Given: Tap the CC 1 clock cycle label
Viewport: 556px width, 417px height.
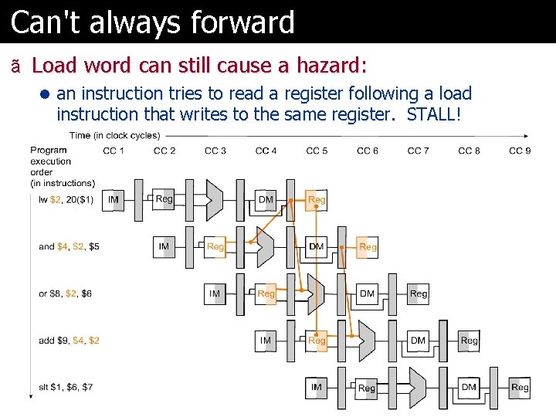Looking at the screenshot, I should [114, 151].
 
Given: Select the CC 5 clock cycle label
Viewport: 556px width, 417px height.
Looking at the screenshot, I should [317, 151].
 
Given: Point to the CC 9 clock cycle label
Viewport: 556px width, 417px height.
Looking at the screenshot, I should [520, 151].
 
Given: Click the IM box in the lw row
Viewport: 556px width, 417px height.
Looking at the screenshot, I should [114, 199].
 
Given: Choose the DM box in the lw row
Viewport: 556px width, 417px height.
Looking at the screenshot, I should [266, 199].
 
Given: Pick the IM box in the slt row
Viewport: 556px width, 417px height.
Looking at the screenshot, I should [317, 387].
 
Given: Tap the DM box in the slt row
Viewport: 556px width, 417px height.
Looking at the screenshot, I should [469, 387].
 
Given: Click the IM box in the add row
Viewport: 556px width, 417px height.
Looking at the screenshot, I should [266, 340].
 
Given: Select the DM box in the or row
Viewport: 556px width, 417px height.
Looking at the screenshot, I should [368, 293].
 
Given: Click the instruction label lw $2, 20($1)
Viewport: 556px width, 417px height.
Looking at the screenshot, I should [66, 200].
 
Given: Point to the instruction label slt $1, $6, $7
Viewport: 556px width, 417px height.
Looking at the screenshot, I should [66, 387].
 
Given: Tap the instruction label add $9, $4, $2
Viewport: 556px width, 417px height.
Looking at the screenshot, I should [69, 341].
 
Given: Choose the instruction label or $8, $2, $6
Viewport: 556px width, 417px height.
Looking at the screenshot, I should [66, 293].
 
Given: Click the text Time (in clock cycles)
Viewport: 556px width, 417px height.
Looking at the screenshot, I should [114, 135].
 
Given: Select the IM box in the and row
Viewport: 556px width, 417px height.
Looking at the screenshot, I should [164, 246].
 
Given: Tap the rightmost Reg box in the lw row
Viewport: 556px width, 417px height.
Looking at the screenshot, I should [317, 199].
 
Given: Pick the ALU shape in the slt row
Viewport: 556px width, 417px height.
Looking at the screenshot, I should [417, 387].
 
